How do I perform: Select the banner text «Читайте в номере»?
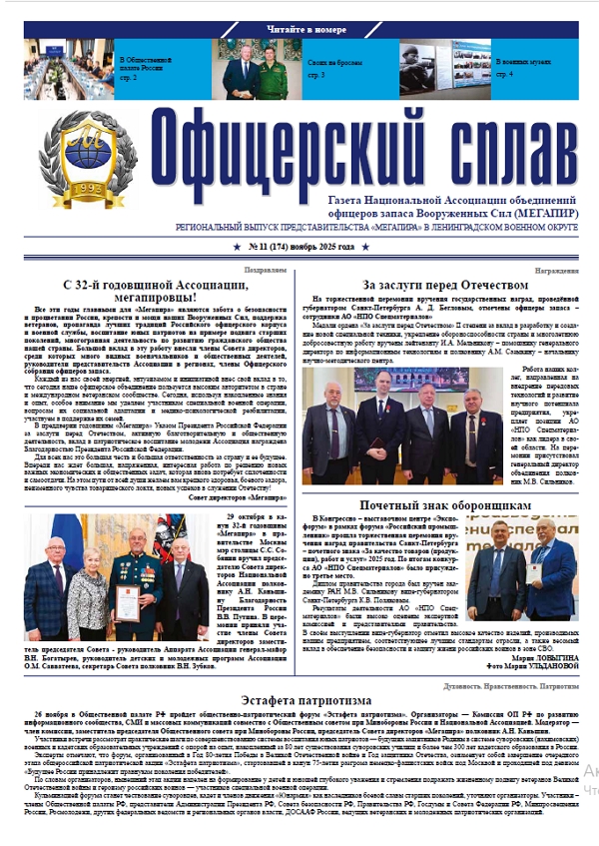(299, 31)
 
